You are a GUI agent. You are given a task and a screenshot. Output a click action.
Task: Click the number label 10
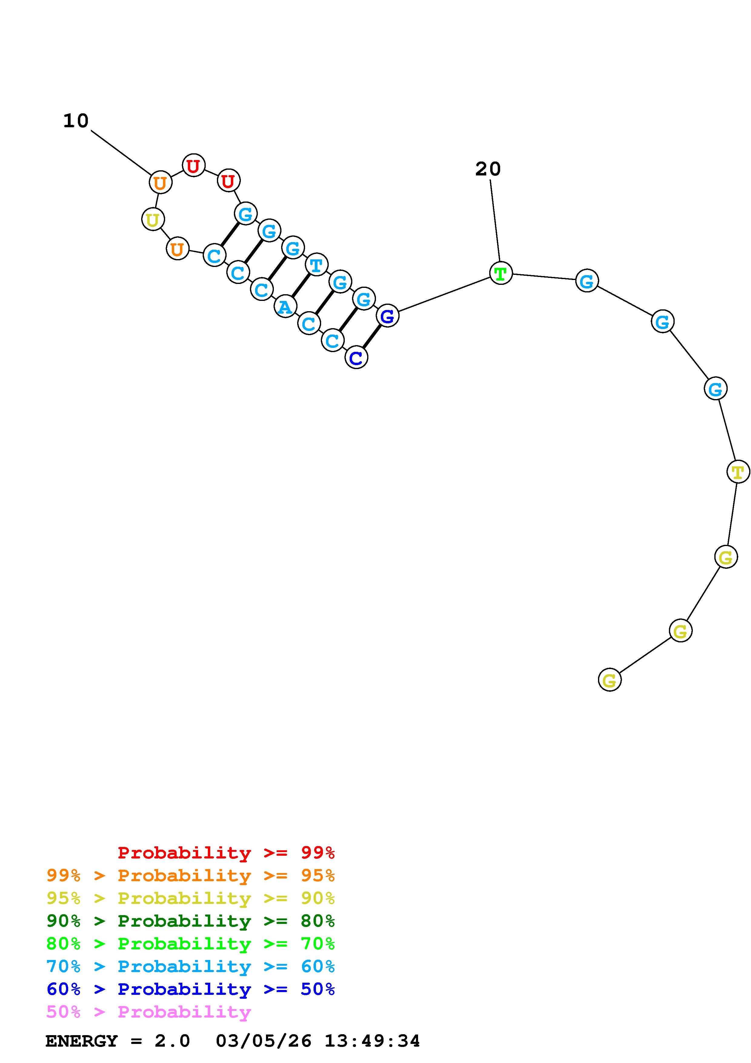[x=76, y=121]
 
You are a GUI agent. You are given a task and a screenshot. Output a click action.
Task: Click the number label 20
[x=488, y=169]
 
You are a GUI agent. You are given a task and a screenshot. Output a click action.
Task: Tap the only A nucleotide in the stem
[x=285, y=306]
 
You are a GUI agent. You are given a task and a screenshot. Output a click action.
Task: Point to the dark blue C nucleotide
[x=356, y=357]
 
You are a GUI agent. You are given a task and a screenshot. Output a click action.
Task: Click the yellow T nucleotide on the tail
[x=738, y=472]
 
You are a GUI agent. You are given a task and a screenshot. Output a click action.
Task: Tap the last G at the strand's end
[x=610, y=680]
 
